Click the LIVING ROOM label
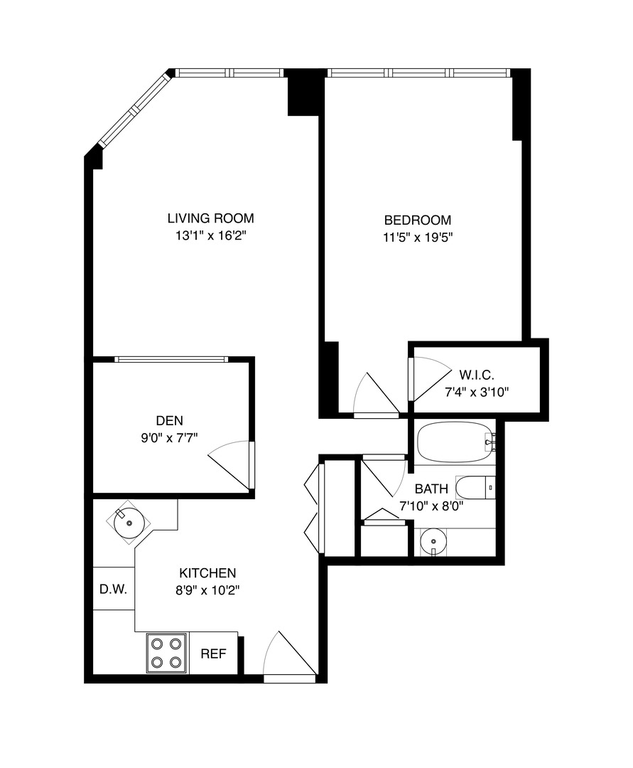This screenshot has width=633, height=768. coord(210,218)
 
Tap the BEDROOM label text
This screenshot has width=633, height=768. coord(417,220)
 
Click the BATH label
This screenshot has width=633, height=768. coord(431,489)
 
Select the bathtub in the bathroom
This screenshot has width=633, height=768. coord(453,442)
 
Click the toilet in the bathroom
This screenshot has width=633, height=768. coord(473,488)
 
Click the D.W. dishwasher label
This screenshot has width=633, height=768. coord(114,589)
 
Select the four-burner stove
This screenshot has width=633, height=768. coord(166,653)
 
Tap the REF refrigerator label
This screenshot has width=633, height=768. coord(213,654)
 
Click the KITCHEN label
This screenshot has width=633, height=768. coord(207,572)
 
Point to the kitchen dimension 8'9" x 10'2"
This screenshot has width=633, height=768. coord(207,590)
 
